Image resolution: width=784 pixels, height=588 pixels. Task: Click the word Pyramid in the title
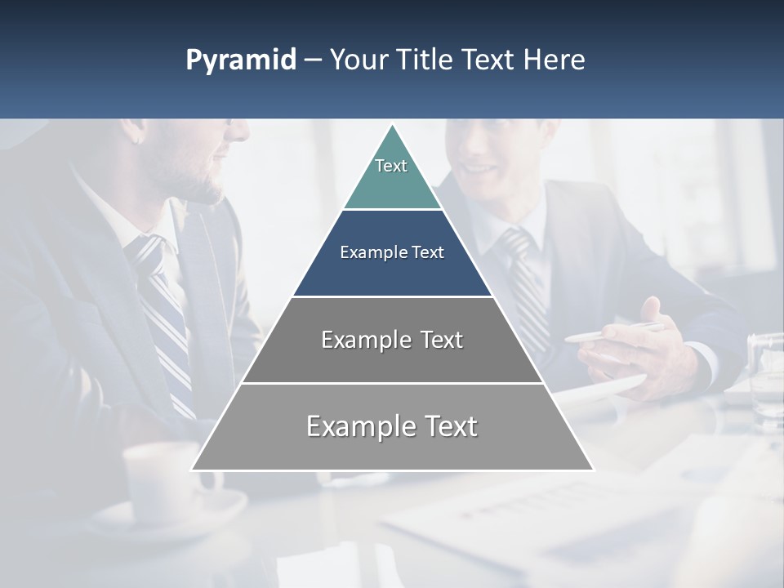pos(240,60)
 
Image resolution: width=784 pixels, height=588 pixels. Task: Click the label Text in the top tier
pos(391,166)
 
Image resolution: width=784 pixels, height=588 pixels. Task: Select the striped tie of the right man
pos(527,286)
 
